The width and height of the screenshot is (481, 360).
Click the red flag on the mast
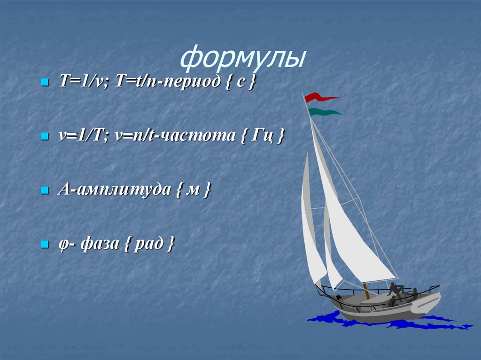click(319, 97)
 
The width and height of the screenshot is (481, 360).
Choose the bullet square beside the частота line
click(45, 137)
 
